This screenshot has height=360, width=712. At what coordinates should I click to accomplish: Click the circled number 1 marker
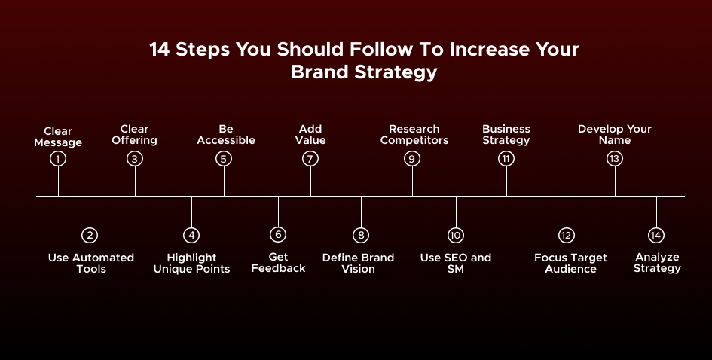coord(58,159)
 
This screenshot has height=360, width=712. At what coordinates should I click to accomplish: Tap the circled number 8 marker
coord(361,235)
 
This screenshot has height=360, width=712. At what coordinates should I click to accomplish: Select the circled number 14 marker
coord(656,235)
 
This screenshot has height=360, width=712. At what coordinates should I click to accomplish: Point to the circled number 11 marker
coord(506,158)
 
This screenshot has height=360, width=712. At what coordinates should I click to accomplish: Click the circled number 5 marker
coord(224,158)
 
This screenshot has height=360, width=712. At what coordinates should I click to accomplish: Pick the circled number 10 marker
coord(455,235)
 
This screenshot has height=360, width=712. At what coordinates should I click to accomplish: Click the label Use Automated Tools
coord(90,263)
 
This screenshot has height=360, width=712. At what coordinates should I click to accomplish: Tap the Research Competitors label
coord(414,134)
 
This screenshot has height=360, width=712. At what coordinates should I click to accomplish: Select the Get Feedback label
coord(278,263)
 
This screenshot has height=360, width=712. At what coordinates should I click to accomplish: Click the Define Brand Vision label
coord(358,263)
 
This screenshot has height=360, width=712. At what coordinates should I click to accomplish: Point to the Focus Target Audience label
coord(570,263)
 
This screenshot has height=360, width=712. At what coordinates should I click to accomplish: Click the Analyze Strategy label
coord(657,262)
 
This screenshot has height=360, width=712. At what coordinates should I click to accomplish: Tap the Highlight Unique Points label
coord(191,263)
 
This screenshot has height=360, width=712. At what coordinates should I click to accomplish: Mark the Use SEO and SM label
coord(455,263)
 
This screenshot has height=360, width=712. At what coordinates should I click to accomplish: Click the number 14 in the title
coord(159,50)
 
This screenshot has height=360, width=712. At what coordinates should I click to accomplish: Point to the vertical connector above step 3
coord(136,181)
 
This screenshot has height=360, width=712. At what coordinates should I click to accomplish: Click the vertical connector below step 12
coord(567,212)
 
